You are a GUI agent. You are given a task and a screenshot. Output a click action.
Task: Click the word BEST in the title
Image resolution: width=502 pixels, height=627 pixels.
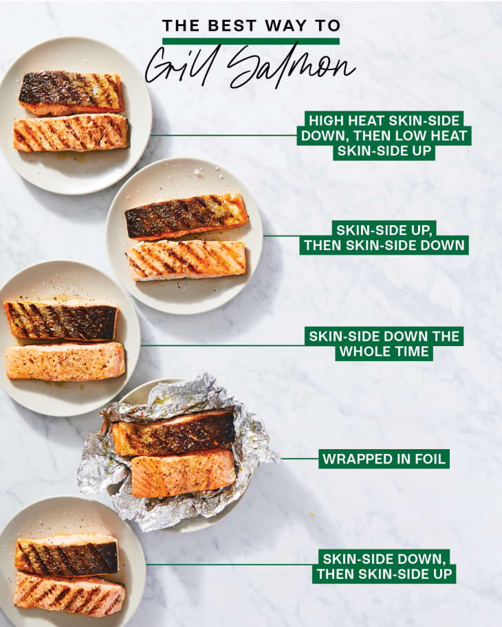232,25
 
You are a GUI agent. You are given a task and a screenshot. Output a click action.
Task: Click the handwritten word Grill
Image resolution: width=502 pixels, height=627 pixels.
182,64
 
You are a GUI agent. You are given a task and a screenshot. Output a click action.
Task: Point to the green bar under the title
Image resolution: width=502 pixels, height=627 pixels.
250,41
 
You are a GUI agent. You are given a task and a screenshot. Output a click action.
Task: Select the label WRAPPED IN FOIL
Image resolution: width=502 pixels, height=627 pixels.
384,459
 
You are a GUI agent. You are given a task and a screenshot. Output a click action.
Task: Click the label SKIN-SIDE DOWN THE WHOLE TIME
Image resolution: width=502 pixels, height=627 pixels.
384,344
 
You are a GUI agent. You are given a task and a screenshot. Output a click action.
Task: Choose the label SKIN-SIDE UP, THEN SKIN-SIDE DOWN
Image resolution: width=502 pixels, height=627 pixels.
384,238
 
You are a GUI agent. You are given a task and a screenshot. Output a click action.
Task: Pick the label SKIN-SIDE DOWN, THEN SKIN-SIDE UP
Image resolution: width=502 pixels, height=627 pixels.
384,566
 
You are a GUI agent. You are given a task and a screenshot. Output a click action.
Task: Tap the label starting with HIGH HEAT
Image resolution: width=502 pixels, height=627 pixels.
384,135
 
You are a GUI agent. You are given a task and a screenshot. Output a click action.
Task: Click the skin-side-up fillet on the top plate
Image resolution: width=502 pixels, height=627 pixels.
70,93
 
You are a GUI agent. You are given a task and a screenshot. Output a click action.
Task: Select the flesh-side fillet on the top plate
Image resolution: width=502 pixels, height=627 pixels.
72,133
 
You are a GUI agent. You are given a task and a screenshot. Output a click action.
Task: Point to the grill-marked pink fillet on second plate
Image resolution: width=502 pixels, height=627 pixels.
186,260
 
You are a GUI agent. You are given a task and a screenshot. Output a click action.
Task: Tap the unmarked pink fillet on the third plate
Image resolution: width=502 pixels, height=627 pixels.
65,361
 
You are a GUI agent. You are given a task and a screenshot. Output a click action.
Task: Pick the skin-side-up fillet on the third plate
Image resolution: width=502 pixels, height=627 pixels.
61,320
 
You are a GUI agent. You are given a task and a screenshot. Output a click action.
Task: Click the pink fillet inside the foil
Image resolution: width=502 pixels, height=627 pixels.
184,473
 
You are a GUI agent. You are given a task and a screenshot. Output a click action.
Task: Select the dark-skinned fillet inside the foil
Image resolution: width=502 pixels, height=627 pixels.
173,433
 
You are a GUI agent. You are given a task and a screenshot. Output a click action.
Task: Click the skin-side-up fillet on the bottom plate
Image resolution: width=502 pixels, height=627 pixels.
67,555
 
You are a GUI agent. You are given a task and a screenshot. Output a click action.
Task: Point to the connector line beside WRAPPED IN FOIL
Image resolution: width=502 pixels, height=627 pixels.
300,459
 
